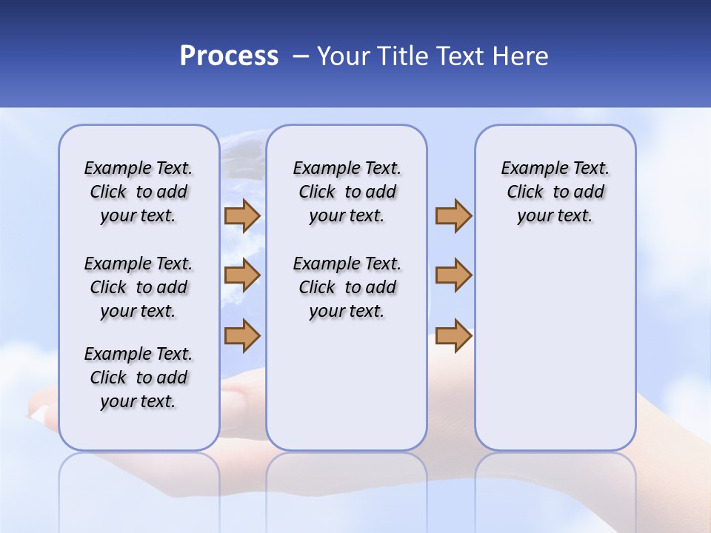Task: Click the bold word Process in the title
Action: click(x=229, y=56)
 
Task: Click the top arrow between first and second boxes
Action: click(x=241, y=216)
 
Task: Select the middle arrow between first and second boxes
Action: click(x=241, y=276)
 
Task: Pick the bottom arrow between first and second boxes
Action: click(x=241, y=336)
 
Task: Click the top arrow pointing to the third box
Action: click(x=453, y=216)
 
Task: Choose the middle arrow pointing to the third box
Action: click(x=453, y=276)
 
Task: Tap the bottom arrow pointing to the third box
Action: click(x=453, y=336)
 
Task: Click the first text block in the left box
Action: click(x=138, y=192)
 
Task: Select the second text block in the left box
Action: click(x=138, y=287)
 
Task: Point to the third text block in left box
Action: click(x=138, y=378)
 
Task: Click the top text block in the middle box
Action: click(x=347, y=192)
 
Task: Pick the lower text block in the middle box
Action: click(x=347, y=287)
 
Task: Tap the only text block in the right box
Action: click(x=555, y=192)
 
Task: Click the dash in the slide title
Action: click(x=301, y=56)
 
